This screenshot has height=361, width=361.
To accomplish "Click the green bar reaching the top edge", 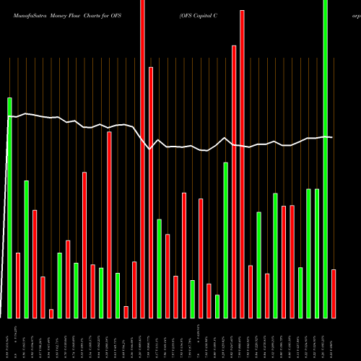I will [x=326, y=159].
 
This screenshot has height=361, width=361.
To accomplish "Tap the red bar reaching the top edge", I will [x=142, y=159].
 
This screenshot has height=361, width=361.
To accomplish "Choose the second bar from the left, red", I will [x=18, y=285].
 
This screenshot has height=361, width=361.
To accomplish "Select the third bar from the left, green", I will [x=27, y=249].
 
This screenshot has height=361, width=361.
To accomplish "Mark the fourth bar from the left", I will [x=35, y=264].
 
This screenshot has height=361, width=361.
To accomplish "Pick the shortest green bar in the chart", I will [x=217, y=306].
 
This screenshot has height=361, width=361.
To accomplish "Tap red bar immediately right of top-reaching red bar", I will [x=151, y=192].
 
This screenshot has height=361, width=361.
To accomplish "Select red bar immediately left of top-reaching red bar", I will [x=134, y=290].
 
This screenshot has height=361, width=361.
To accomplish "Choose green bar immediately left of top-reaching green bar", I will [x=317, y=253].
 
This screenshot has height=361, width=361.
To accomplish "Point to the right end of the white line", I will [x=332, y=137].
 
